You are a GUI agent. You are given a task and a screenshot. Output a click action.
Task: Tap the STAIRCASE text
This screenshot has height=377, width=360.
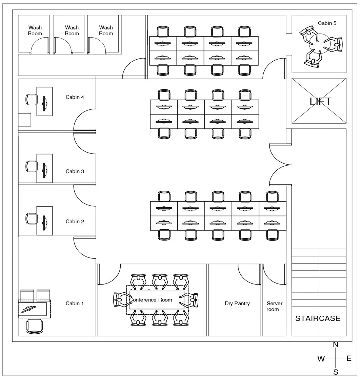pos(318,318)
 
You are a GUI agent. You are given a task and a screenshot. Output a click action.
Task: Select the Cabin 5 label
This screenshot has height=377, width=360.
pos(327,23)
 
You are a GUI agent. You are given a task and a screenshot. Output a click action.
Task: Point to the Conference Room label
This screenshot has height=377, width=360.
pos(151,300)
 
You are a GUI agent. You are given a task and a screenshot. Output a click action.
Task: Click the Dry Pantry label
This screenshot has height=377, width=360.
pos(237,303)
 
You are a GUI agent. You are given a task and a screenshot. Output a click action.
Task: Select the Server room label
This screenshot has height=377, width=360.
pos(274,306)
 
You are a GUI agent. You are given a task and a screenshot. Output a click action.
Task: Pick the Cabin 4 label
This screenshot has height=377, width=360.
pos(75,97)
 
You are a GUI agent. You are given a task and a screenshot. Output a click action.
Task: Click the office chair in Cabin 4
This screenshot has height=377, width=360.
pos(32,100)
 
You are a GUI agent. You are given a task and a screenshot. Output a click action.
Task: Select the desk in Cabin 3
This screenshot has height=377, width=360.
pos(44,168)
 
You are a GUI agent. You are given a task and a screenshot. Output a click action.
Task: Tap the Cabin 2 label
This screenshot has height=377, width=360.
pos(75,222)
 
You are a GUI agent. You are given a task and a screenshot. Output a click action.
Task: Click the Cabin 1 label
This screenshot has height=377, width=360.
pos(75,303)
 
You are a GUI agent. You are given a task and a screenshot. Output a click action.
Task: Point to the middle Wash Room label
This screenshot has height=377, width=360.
pos(72,30)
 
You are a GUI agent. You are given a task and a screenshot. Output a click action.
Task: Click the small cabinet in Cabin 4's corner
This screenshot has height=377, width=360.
pos(24,120)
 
